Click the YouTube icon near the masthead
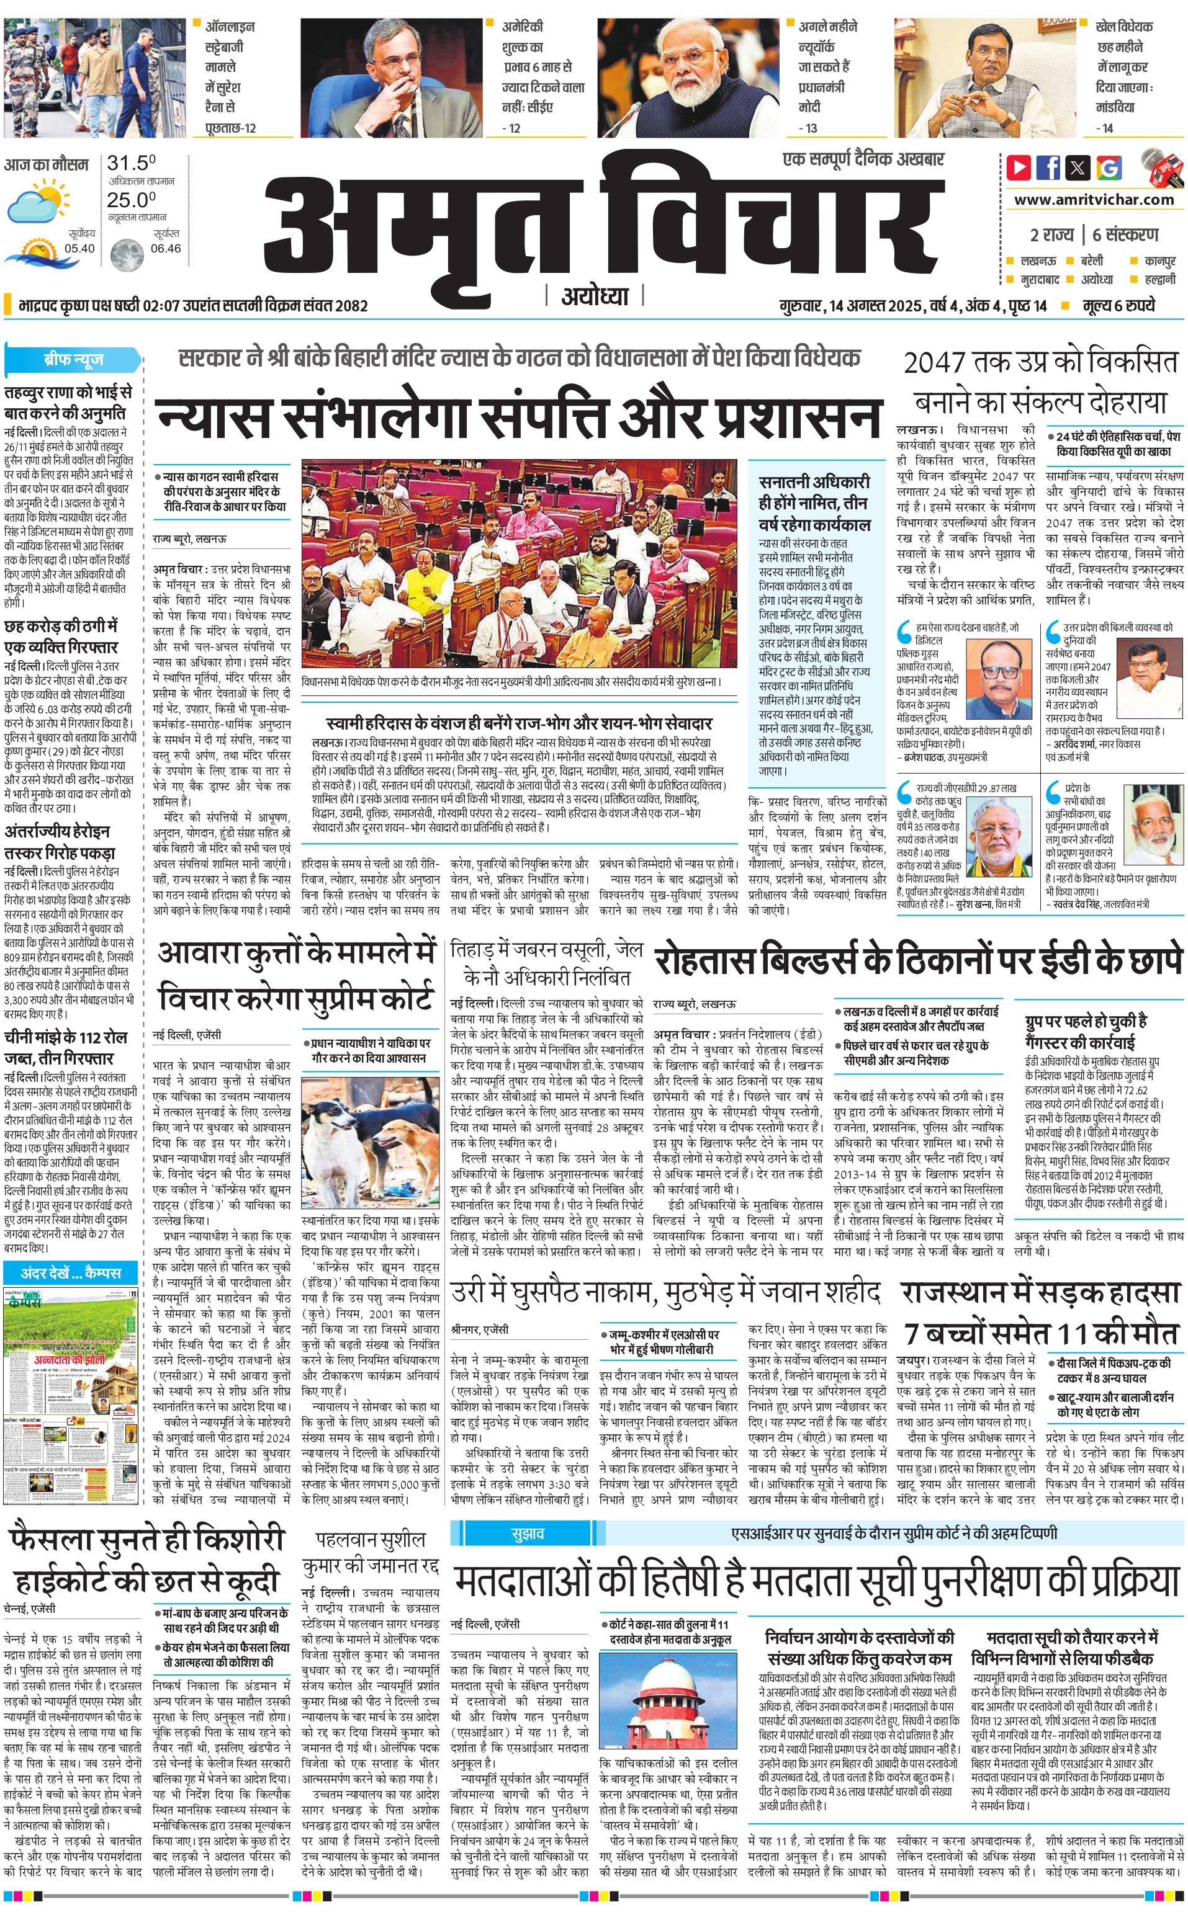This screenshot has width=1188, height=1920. click(x=1019, y=167)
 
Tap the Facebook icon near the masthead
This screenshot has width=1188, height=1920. click(x=1048, y=167)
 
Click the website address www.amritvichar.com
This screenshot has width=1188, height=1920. click(x=1094, y=200)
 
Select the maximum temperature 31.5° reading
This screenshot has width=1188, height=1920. click(x=131, y=163)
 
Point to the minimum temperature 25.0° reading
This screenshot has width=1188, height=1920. click(x=131, y=200)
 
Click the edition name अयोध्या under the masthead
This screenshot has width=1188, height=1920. click(x=595, y=296)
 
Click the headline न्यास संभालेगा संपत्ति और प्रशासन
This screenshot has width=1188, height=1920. click(x=518, y=417)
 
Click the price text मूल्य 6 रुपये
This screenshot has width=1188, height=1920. click(x=1117, y=305)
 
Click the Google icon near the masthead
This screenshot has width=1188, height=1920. click(x=1109, y=167)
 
